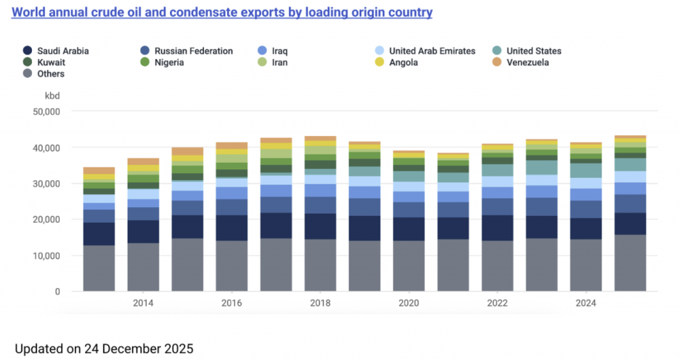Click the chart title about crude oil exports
222,13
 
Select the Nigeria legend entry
169,62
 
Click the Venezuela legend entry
527,62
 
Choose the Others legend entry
50,74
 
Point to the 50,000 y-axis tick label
46,112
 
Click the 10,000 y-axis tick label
46,256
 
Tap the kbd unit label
52,96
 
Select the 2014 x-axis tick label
143,303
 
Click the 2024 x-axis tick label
586,303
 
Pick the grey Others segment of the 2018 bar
320,266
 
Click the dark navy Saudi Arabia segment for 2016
232,228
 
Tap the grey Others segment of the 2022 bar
497,266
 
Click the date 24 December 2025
141,348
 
